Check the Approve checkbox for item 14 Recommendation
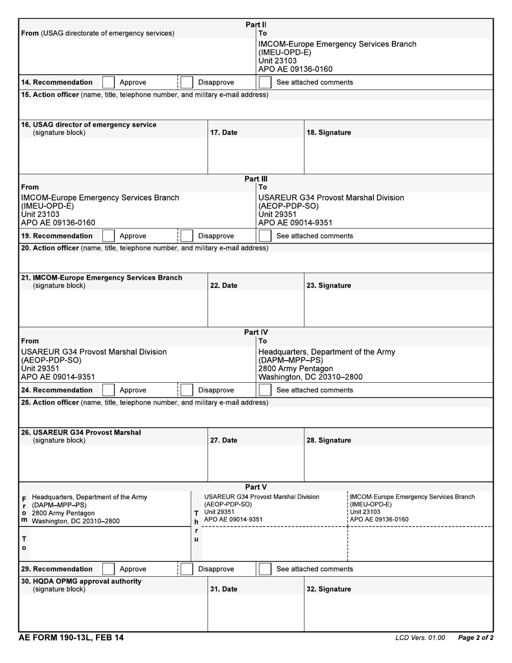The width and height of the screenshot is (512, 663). (108, 82)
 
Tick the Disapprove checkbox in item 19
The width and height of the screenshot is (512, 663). (186, 236)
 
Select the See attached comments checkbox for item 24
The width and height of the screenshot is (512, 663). (265, 390)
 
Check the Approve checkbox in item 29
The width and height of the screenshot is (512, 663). (108, 569)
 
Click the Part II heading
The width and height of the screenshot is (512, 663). (256, 25)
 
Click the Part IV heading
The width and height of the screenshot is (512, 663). (256, 333)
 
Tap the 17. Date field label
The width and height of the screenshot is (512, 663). (223, 133)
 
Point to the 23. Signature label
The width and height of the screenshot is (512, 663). (328, 286)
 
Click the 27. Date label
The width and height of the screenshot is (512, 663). (223, 440)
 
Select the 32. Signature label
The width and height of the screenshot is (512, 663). (328, 589)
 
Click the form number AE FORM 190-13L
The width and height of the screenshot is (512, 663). (71, 638)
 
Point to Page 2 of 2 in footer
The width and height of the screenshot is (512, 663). (475, 638)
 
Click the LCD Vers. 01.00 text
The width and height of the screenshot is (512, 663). (420, 638)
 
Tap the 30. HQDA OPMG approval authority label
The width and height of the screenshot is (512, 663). (81, 582)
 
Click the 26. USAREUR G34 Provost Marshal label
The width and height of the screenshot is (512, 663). (81, 432)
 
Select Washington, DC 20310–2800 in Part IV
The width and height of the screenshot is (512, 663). (310, 377)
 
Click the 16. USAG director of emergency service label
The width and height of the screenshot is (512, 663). (89, 125)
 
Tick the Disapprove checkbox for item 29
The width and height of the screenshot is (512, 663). (186, 569)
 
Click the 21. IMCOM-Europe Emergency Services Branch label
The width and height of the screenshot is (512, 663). (101, 278)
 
